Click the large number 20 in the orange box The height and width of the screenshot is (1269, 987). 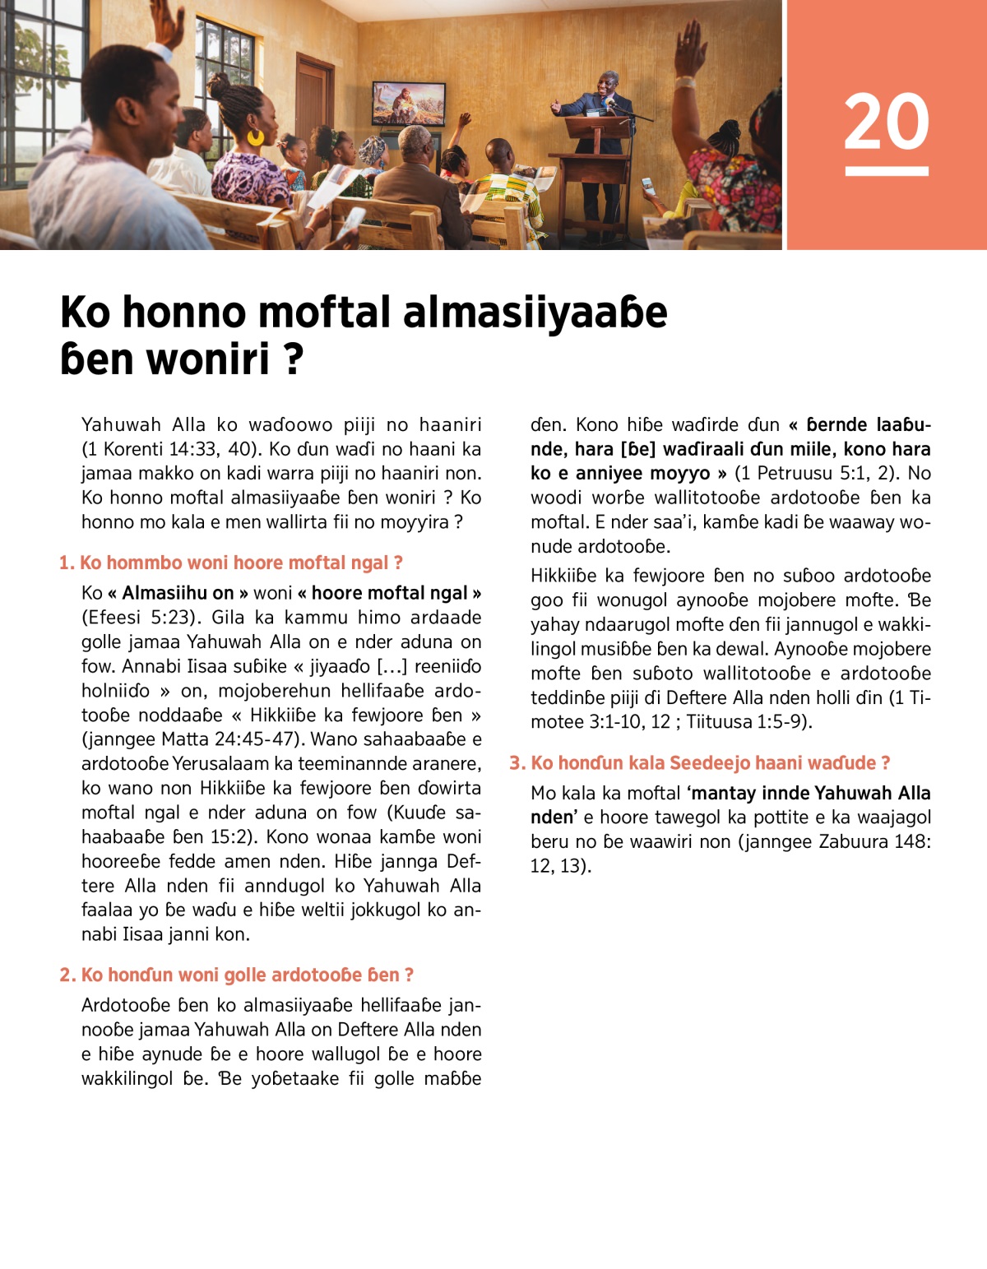pyautogui.click(x=886, y=122)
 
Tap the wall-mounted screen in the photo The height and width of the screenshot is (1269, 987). pyautogui.click(x=409, y=103)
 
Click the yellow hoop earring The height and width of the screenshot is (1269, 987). pyautogui.click(x=256, y=137)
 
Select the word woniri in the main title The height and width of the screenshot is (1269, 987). pyautogui.click(x=221, y=359)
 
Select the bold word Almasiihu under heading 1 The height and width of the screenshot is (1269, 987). pyautogui.click(x=178, y=594)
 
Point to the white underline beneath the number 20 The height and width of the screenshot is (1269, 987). pyautogui.click(x=886, y=171)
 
